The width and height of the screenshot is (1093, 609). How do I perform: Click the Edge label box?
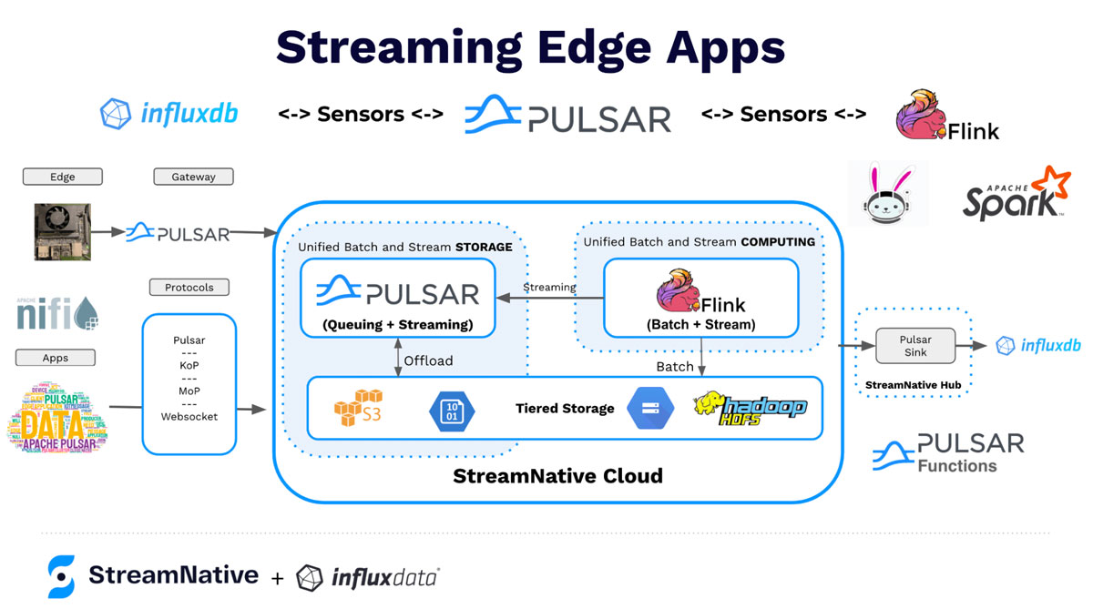(x=62, y=177)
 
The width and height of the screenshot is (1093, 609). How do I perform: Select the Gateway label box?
(x=193, y=177)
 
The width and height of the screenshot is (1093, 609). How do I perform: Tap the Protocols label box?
(x=189, y=287)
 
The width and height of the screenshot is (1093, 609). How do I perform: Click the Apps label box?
(x=56, y=358)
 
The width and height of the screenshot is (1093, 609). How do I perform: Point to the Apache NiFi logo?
(x=57, y=312)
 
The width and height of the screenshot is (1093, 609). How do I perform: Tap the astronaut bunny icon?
(x=887, y=193)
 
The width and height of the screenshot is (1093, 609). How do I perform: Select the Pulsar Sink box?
(x=914, y=346)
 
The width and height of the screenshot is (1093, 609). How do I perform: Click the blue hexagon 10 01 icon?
(x=452, y=409)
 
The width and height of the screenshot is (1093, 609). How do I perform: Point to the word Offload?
(x=428, y=360)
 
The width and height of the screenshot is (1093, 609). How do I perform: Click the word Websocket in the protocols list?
(x=189, y=416)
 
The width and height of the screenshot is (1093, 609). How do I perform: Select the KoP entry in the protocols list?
(x=189, y=365)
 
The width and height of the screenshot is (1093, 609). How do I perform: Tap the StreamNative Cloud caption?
(x=557, y=475)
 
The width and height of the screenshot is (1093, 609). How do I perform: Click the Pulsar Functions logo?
(x=947, y=452)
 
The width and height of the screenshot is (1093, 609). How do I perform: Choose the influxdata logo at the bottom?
(x=368, y=576)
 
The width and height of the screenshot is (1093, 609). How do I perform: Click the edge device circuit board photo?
(x=63, y=232)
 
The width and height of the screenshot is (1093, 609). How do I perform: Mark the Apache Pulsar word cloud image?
(x=57, y=417)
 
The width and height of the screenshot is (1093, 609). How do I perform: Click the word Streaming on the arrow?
(x=548, y=287)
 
